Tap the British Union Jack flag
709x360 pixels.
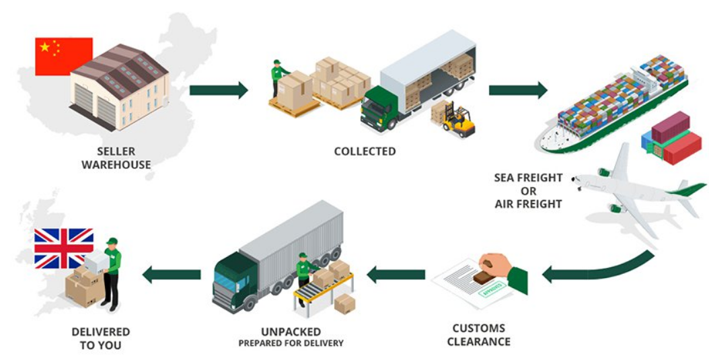point(64,248)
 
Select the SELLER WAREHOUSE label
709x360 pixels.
point(116,158)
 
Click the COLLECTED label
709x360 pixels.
point(365,151)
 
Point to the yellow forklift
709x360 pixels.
point(460,119)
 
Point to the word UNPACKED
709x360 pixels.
point(291,332)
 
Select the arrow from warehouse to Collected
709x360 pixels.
point(219,90)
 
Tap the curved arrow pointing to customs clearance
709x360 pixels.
point(599,269)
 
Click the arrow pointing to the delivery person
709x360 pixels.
point(172,274)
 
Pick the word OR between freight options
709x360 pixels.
point(528,190)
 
